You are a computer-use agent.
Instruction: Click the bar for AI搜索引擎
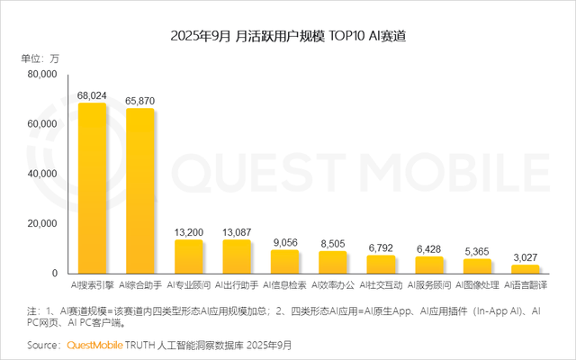[x=92, y=188]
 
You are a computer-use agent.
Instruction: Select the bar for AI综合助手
[x=139, y=191]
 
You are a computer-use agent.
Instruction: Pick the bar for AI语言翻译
[x=526, y=269]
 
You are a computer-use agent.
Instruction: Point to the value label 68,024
[x=92, y=94]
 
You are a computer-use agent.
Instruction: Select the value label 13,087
[x=237, y=230]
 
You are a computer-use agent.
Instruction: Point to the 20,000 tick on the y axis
[x=40, y=223]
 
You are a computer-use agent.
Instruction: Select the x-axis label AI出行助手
[x=237, y=284]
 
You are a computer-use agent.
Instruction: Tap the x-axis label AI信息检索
[x=284, y=284]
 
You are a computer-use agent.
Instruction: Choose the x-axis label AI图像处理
[x=477, y=284]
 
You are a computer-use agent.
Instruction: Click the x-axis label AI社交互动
[x=381, y=284]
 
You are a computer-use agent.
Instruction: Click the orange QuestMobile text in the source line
[x=94, y=345]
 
